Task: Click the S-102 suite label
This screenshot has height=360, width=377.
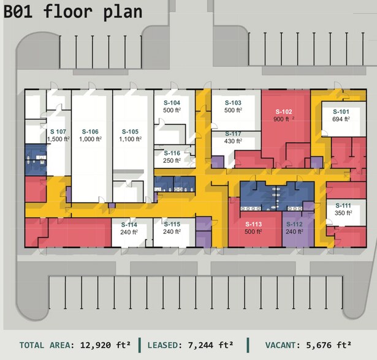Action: [x=284, y=111]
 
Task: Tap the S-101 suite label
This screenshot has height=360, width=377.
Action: [x=341, y=111]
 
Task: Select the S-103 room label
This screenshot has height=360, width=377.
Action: [x=233, y=102]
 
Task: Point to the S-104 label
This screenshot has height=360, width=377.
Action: [x=172, y=102]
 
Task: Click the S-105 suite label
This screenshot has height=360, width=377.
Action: [x=130, y=131]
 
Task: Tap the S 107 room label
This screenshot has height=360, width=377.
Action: [x=58, y=131]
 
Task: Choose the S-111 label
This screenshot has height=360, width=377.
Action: [x=343, y=205]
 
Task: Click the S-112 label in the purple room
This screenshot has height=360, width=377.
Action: [x=295, y=224]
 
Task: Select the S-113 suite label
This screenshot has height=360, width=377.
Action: [x=253, y=224]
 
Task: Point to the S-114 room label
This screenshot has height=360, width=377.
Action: [x=129, y=225]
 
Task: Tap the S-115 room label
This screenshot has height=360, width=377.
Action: [x=172, y=224]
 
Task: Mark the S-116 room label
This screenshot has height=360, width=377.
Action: [x=172, y=153]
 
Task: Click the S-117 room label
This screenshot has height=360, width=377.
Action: [x=233, y=133]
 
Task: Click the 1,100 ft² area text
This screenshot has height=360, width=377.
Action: [x=130, y=139]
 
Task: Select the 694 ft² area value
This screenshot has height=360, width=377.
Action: [x=341, y=119]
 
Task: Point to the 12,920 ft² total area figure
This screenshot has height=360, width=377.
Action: [x=103, y=345]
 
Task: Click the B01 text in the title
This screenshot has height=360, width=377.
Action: [x=19, y=11]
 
